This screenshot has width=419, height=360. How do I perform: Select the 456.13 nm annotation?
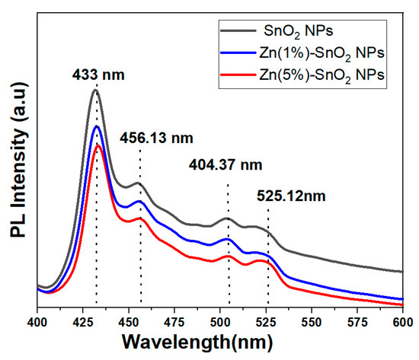(x=156, y=138)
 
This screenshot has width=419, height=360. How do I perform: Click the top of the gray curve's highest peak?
(x=95, y=90)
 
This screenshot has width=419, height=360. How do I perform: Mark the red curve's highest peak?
(x=98, y=145)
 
